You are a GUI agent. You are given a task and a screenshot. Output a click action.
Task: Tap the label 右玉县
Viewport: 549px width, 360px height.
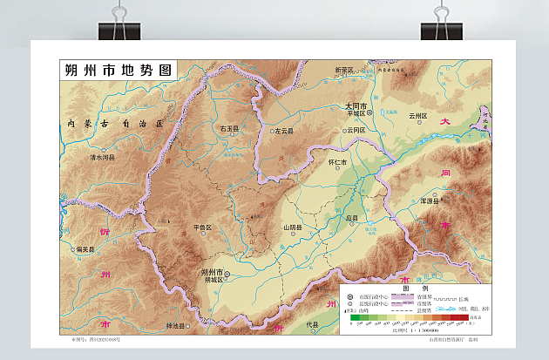(x=229, y=129)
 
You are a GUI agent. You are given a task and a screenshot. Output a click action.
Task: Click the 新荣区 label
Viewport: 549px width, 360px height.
(x=345, y=70)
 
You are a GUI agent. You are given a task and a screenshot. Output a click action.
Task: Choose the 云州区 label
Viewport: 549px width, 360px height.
(x=418, y=115)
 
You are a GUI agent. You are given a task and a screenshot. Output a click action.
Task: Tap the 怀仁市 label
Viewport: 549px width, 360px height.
(x=336, y=162)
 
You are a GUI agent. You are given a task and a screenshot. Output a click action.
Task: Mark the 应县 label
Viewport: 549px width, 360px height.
(x=352, y=218)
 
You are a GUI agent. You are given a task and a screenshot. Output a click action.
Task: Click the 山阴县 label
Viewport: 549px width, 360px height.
(x=293, y=228)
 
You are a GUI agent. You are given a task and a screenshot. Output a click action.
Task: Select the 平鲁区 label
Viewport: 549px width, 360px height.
(x=202, y=228)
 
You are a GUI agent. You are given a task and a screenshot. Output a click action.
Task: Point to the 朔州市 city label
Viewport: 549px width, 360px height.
(x=213, y=271)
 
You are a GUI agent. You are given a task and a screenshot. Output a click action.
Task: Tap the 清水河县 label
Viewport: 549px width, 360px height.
(x=103, y=158)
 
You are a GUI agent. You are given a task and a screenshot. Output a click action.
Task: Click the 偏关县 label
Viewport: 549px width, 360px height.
(x=85, y=248)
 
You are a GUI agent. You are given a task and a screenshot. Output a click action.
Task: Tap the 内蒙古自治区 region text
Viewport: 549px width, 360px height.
(x=115, y=124)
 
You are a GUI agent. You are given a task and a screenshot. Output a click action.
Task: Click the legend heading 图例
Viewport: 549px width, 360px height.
(x=415, y=289)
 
